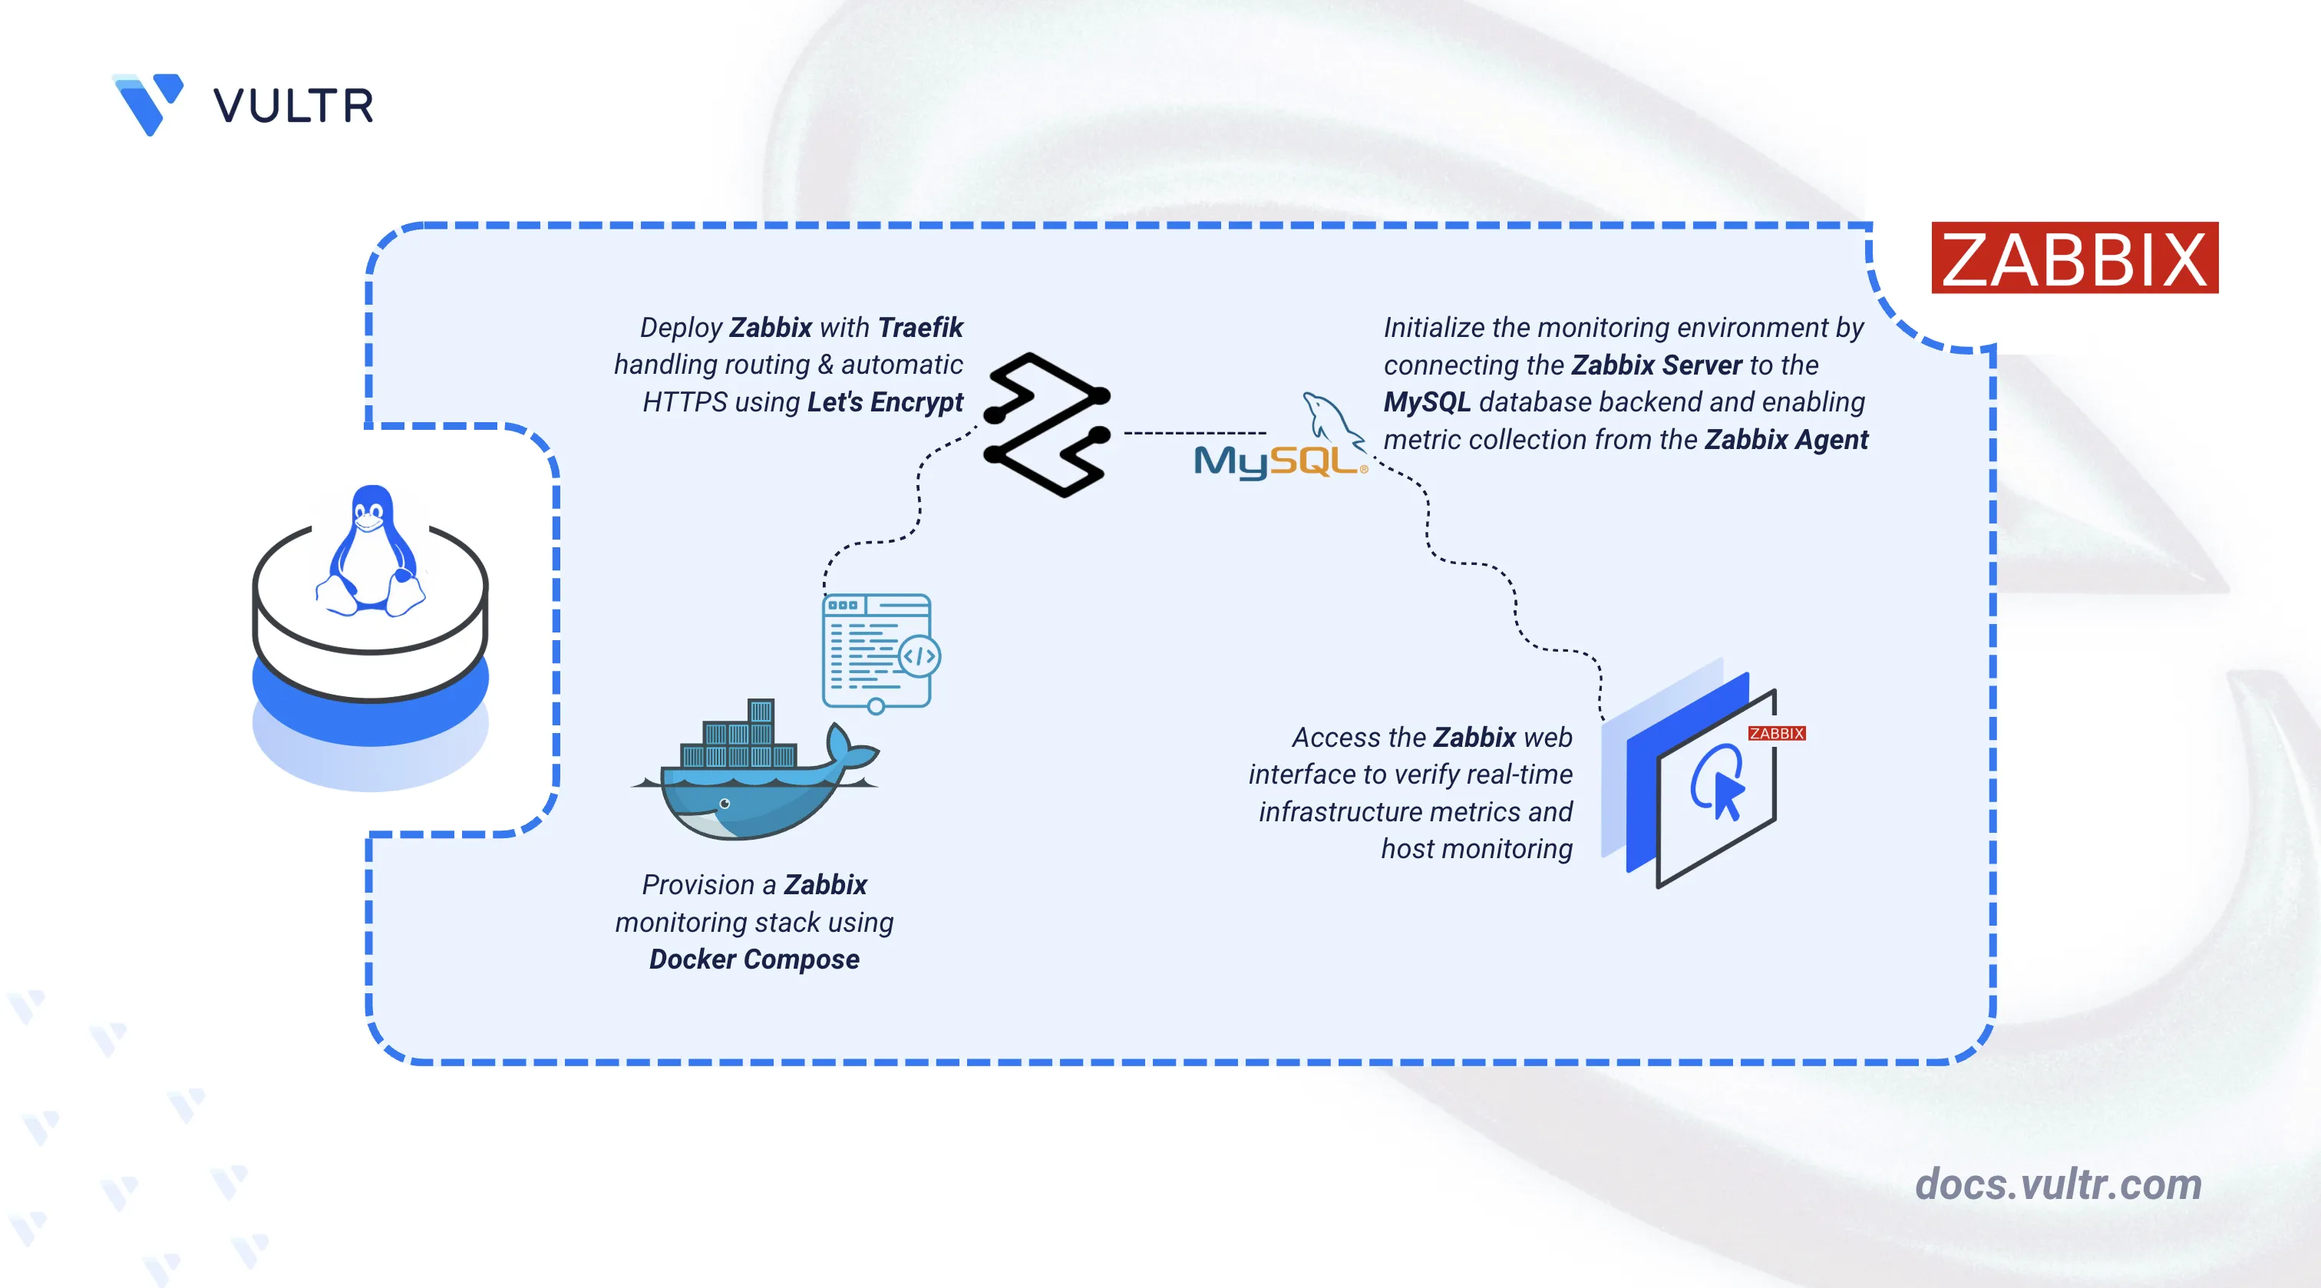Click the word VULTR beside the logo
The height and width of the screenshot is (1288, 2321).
click(x=293, y=107)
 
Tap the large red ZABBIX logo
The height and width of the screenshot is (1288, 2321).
click(x=2074, y=259)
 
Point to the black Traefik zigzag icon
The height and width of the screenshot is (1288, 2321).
click(x=1047, y=424)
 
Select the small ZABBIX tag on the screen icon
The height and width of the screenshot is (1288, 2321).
click(x=1776, y=734)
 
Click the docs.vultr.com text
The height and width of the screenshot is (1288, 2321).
click(x=2058, y=1184)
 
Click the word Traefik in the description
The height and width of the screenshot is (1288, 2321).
click(x=920, y=327)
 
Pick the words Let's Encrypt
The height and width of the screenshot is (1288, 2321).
click(x=885, y=402)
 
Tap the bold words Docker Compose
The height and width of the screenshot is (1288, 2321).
click(x=754, y=959)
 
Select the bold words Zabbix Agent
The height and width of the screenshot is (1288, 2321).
click(x=1786, y=440)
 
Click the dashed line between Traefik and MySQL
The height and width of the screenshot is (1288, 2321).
click(x=1195, y=434)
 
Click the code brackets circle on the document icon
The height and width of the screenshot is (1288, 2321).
click(x=919, y=656)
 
